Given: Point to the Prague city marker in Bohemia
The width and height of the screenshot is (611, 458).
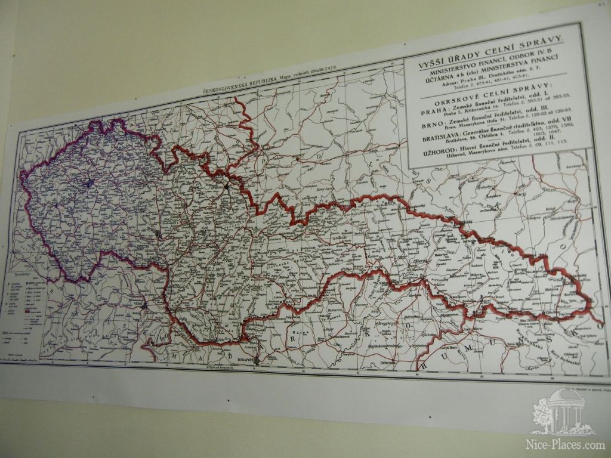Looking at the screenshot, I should (x=89, y=183).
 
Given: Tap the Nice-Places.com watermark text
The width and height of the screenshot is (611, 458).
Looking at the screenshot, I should (x=564, y=445).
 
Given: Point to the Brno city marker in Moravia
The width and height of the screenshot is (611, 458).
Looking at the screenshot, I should (x=158, y=234).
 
